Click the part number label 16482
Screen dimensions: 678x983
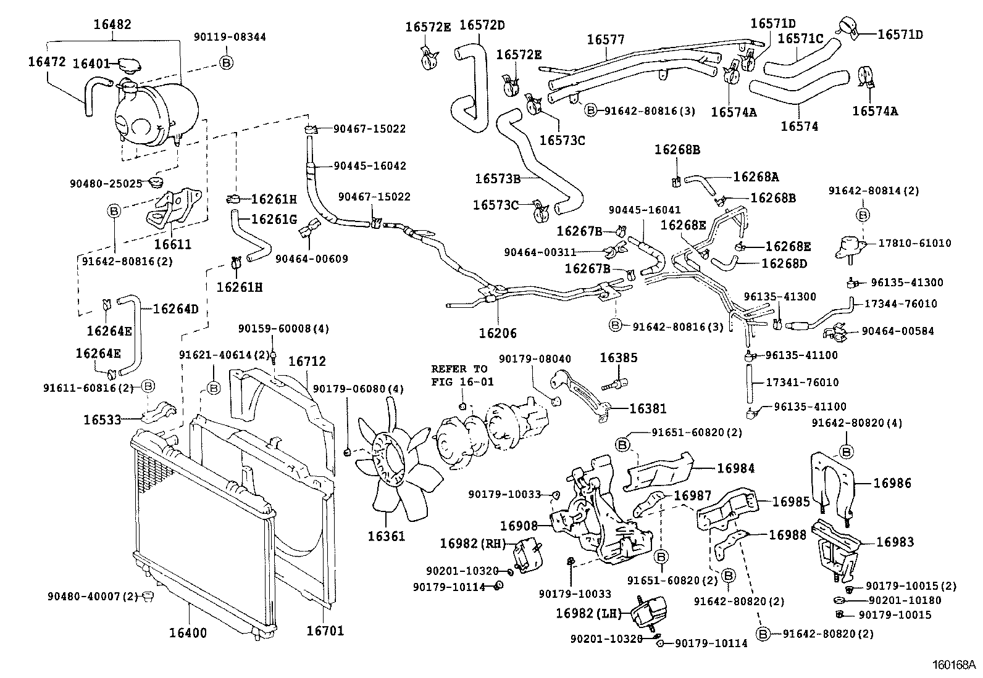pyautogui.click(x=112, y=25)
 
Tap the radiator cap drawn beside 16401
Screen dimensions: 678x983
pyautogui.click(x=128, y=64)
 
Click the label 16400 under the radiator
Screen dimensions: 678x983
pyautogui.click(x=188, y=633)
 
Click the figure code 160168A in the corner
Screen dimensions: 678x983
pyautogui.click(x=953, y=666)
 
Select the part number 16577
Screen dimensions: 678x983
pyautogui.click(x=605, y=40)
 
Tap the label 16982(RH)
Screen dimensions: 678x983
pyautogui.click(x=473, y=543)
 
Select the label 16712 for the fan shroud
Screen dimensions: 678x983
pyautogui.click(x=307, y=362)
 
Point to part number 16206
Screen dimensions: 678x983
pyautogui.click(x=497, y=333)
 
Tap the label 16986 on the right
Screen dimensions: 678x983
pyautogui.click(x=892, y=484)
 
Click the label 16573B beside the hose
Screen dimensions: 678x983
pyautogui.click(x=498, y=179)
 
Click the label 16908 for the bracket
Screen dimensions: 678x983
pyautogui.click(x=519, y=526)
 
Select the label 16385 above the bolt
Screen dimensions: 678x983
pyautogui.click(x=619, y=358)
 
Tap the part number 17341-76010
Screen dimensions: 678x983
pyautogui.click(x=802, y=382)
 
